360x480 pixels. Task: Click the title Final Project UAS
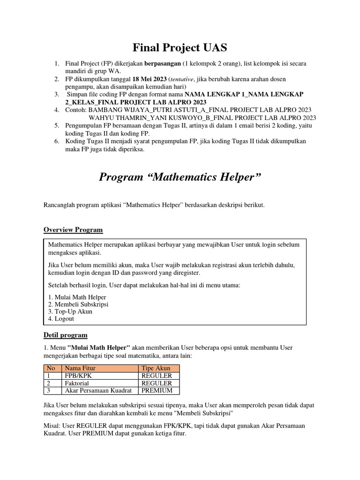(x=180, y=47)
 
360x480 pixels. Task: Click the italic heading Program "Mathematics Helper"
(x=180, y=177)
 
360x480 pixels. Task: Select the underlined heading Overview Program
(x=73, y=230)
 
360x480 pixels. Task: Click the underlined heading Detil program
(x=65, y=335)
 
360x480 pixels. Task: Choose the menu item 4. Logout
(x=61, y=319)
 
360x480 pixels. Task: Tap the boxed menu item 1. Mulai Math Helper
(x=77, y=297)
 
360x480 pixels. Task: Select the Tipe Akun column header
(x=156, y=368)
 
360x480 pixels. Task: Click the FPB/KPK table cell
(x=75, y=375)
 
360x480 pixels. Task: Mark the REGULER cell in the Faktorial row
(x=157, y=383)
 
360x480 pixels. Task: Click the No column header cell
(x=51, y=368)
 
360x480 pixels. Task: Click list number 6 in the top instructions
(x=56, y=141)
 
